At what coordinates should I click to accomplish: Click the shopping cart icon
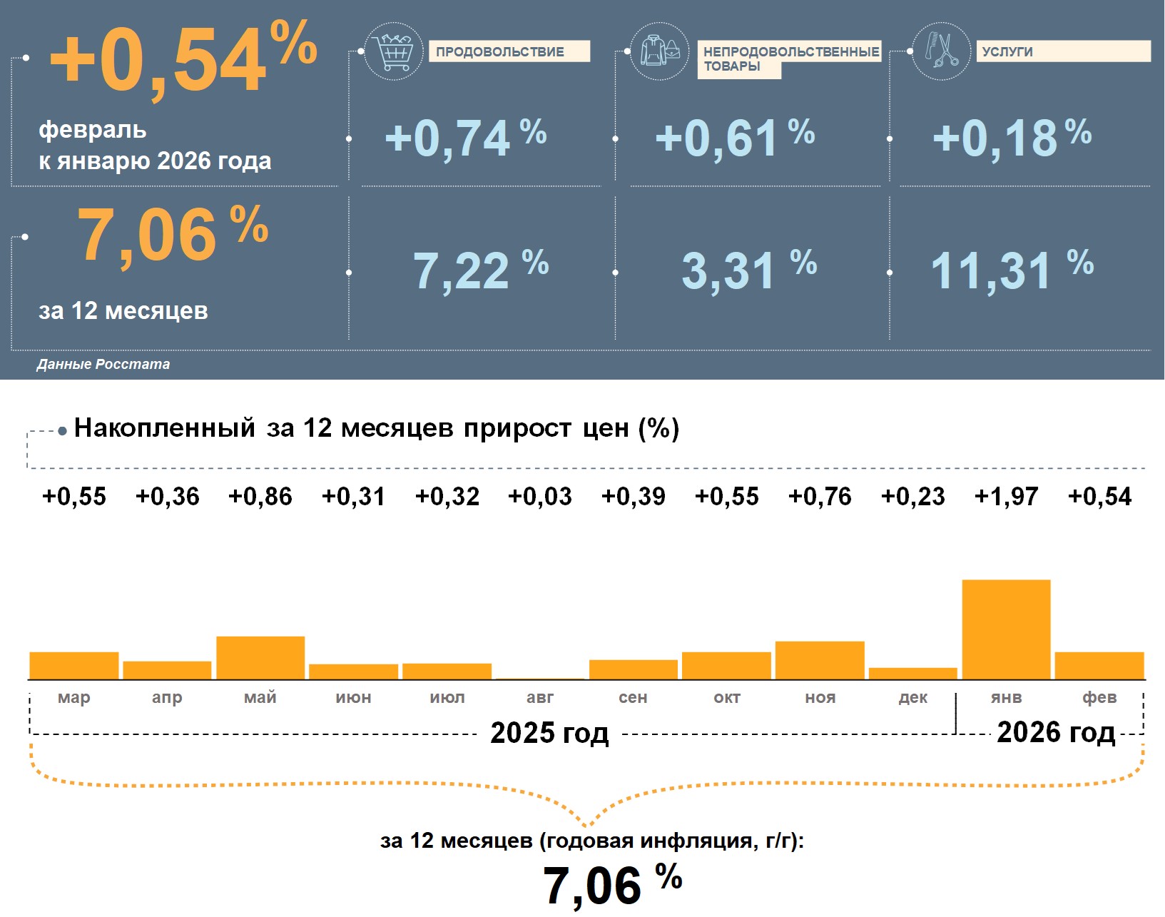pyautogui.click(x=393, y=51)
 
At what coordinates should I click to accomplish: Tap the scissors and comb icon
pyautogui.click(x=942, y=51)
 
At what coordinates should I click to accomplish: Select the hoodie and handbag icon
pyautogui.click(x=660, y=51)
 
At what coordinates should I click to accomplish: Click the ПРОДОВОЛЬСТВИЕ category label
pyautogui.click(x=500, y=52)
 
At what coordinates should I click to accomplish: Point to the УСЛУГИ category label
pyautogui.click(x=1007, y=52)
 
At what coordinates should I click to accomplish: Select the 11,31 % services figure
pyautogui.click(x=1012, y=270)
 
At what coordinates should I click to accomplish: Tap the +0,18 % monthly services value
pyautogui.click(x=1012, y=138)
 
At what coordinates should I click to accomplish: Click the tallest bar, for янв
pyautogui.click(x=1006, y=629)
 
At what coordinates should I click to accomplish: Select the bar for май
pyautogui.click(x=260, y=658)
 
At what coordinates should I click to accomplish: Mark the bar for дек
pyautogui.click(x=913, y=674)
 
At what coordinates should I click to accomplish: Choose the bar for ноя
pyautogui.click(x=820, y=661)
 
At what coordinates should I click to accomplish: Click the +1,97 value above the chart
pyautogui.click(x=1006, y=497)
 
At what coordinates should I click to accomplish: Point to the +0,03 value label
pyautogui.click(x=540, y=497)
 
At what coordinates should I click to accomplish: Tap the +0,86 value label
pyautogui.click(x=260, y=497)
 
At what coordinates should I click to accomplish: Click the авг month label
pyautogui.click(x=540, y=698)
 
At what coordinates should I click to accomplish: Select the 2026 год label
pyautogui.click(x=1056, y=733)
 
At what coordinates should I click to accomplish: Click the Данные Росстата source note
pyautogui.click(x=103, y=365)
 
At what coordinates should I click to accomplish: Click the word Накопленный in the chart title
pyautogui.click(x=165, y=428)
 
